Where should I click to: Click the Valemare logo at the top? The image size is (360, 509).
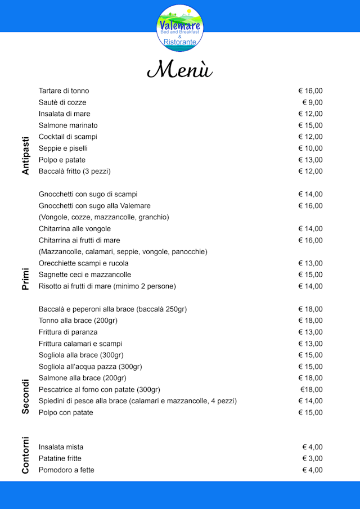pos(180,27)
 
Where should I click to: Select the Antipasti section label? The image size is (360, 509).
pos(25,155)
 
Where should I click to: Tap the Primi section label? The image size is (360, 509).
pos(25,279)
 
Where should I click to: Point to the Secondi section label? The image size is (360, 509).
pos(25,397)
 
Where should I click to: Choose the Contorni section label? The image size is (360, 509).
pos(25,455)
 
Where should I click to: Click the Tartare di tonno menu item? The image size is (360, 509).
pos(64,91)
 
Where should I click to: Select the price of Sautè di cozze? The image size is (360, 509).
pos(312,102)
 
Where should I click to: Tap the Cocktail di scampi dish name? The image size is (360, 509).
pos(67,137)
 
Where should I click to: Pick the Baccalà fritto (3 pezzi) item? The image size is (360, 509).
pos(74,171)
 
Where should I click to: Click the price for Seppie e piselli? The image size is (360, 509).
pos(310,148)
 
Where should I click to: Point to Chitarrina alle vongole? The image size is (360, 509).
pos(74,229)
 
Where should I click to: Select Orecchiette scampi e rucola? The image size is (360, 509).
pos(83,263)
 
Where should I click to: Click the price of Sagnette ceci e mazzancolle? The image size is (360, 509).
pos(310,274)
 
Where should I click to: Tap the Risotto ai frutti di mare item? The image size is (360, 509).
pos(107,286)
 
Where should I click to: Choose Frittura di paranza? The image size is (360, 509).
pos(67,332)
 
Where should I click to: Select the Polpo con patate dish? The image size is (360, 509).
pos(66,412)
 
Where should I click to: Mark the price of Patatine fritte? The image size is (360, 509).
pos(312,458)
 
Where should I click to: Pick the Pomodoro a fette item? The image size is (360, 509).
pos(66,470)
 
